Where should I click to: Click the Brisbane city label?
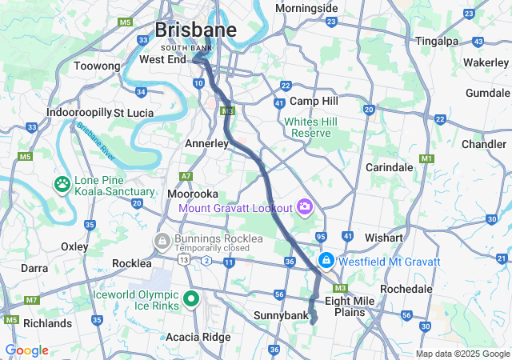[x=195, y=30]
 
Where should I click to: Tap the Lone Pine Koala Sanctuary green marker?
[x=62, y=185]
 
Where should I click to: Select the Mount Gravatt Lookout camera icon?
[x=304, y=208]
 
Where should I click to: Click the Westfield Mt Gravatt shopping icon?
[x=326, y=262]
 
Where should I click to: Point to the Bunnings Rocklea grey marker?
[x=162, y=240]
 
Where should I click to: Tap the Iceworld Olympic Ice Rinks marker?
[x=190, y=299]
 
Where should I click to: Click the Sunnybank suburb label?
[x=280, y=316]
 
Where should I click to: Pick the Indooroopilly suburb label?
[x=78, y=113]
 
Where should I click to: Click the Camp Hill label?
[x=314, y=101]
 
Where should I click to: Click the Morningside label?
[x=306, y=8]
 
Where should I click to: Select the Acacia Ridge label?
[x=197, y=337]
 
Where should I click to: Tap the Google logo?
[x=26, y=350]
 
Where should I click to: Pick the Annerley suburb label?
[x=207, y=143]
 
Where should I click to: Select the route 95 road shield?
[x=321, y=237]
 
